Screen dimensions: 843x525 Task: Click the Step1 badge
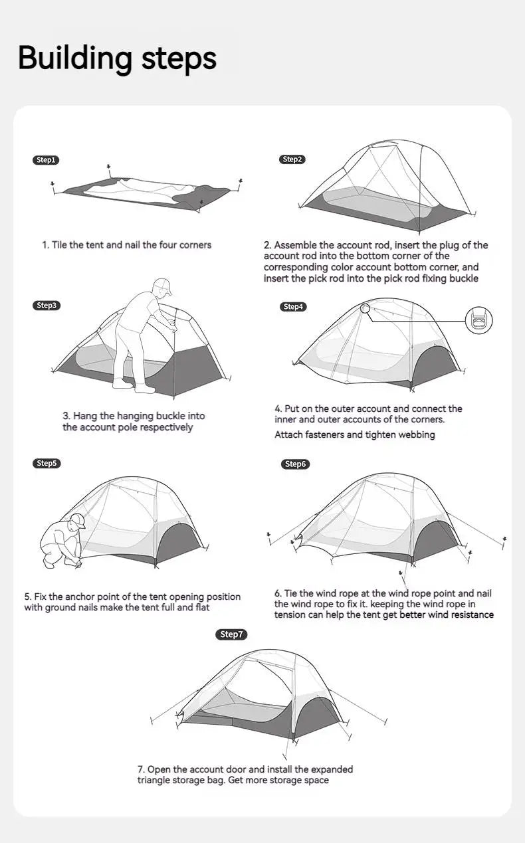(x=47, y=160)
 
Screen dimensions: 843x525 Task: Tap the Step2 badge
(x=292, y=159)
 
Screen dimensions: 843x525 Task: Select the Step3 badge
(x=47, y=306)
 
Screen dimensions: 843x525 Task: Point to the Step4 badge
(x=292, y=306)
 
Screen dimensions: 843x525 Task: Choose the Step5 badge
(x=47, y=463)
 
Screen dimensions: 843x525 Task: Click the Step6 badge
(x=295, y=464)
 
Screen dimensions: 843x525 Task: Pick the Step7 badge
(x=232, y=634)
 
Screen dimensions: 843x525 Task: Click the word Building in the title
(x=75, y=58)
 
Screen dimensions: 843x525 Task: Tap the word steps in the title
(x=179, y=58)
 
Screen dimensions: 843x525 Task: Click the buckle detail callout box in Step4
(x=478, y=321)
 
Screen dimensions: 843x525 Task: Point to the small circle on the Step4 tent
(x=365, y=308)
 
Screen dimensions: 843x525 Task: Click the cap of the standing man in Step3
(x=162, y=286)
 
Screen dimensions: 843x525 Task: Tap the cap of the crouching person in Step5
(x=78, y=519)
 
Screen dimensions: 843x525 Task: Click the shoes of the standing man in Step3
(x=126, y=383)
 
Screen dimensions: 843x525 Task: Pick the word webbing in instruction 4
(x=417, y=434)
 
